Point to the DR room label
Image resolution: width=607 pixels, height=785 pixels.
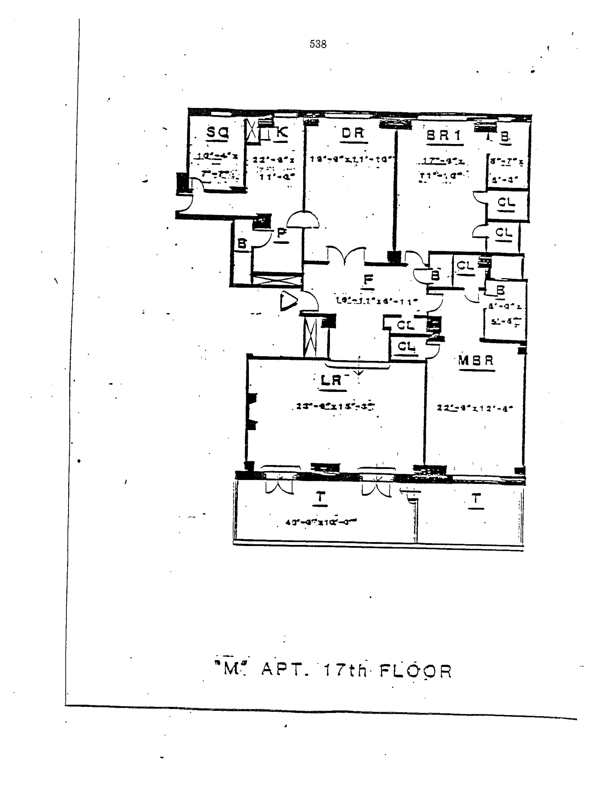[x=353, y=133]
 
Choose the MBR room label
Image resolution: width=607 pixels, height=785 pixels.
[x=476, y=361]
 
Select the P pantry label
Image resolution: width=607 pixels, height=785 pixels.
[x=282, y=233]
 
